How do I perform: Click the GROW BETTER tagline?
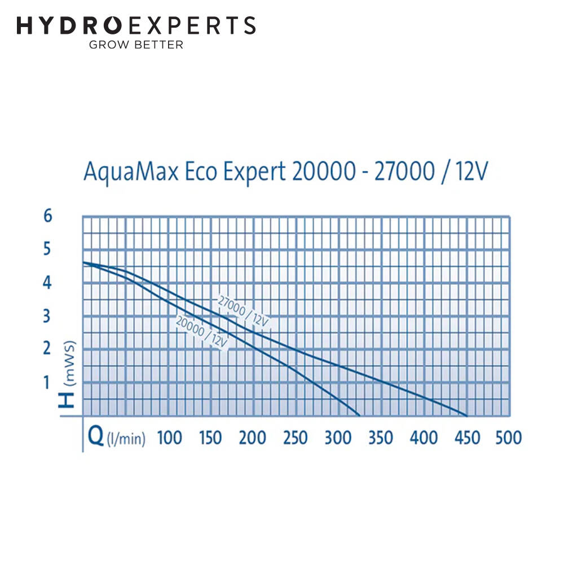[136, 45]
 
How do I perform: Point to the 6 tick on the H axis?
[47, 216]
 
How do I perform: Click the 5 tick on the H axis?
[47, 249]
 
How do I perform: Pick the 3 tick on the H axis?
[47, 316]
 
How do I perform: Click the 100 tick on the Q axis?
[169, 438]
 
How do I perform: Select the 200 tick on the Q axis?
[253, 438]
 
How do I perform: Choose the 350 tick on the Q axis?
[381, 438]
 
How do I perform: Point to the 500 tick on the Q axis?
[508, 438]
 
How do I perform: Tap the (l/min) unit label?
[126, 439]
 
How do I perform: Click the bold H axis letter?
[67, 398]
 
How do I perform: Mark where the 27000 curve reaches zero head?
[467, 416]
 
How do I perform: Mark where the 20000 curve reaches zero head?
[359, 416]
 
